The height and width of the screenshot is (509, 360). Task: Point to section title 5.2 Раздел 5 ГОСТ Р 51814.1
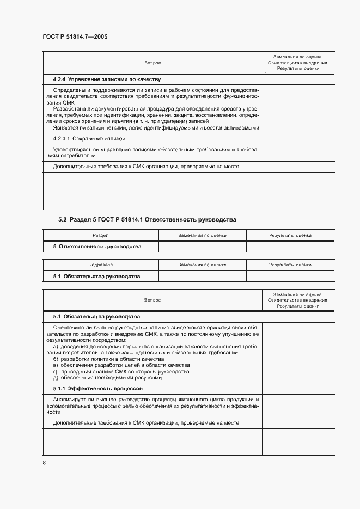pyautogui.click(x=147, y=219)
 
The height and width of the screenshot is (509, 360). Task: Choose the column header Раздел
pyautogui.click(x=101, y=235)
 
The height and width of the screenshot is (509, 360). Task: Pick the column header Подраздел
pyautogui.click(x=101, y=265)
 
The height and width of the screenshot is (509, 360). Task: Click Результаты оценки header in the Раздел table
pyautogui.click(x=290, y=235)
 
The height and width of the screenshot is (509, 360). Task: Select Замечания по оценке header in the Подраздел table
pyautogui.click(x=202, y=265)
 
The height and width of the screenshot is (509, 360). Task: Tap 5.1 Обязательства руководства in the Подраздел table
pyautogui.click(x=96, y=276)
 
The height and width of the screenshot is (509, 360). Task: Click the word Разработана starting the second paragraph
pyautogui.click(x=69, y=109)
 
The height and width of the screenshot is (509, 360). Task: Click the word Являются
pyautogui.click(x=65, y=128)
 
